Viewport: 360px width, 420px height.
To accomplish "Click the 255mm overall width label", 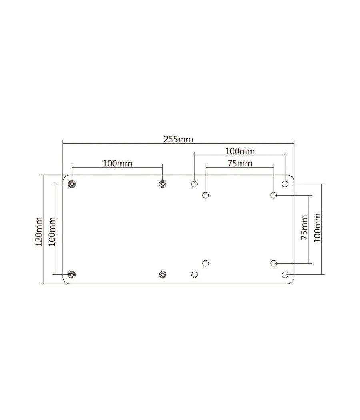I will click(178, 139).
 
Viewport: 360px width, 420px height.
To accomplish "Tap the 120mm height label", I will click(38, 231).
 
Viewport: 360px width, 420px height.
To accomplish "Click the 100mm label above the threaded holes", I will click(117, 163).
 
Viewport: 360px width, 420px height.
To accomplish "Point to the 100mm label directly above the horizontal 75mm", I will click(240, 151).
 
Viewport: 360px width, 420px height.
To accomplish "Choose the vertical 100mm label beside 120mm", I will click(51, 231).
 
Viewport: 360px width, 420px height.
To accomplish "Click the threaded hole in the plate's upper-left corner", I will click(72, 184).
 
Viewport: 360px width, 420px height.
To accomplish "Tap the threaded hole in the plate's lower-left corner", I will click(72, 274).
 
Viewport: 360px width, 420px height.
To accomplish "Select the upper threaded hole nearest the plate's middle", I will click(162, 184).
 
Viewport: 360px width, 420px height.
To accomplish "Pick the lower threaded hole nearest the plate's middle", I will click(162, 274).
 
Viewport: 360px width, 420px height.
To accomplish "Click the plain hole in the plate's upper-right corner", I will click(285, 184).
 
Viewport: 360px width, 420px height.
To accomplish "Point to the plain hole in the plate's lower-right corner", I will click(285, 274).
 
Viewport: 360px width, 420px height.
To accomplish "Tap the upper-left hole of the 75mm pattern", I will click(206, 195).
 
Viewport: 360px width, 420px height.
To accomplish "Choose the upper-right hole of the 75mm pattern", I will click(274, 195).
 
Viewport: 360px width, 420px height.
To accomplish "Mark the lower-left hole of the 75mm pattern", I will click(206, 263).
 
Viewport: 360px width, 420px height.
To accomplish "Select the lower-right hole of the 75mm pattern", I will click(274, 263).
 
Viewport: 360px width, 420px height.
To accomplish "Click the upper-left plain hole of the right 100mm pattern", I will click(194, 184).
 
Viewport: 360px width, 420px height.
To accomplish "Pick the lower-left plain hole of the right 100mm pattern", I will click(194, 274).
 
